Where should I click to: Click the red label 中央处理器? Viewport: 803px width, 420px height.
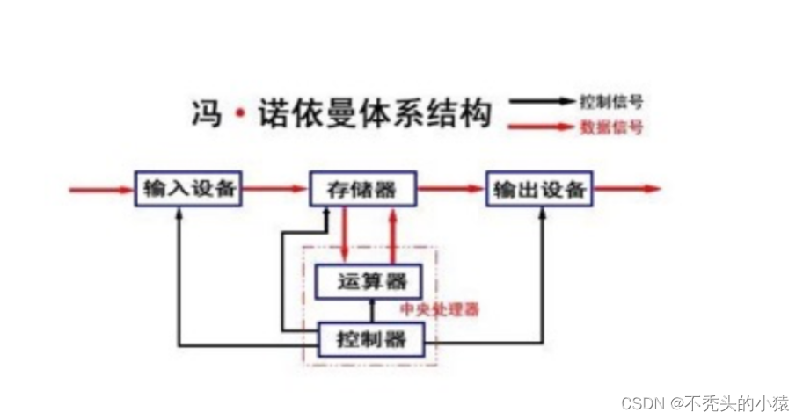point(440,309)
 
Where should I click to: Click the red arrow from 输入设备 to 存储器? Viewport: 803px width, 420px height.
point(274,188)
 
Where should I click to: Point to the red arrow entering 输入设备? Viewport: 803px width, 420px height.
point(101,188)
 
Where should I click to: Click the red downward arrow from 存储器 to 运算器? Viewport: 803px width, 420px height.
point(346,235)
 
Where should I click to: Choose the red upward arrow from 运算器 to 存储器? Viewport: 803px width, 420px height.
point(393,235)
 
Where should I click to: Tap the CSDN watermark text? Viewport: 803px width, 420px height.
point(704,402)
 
